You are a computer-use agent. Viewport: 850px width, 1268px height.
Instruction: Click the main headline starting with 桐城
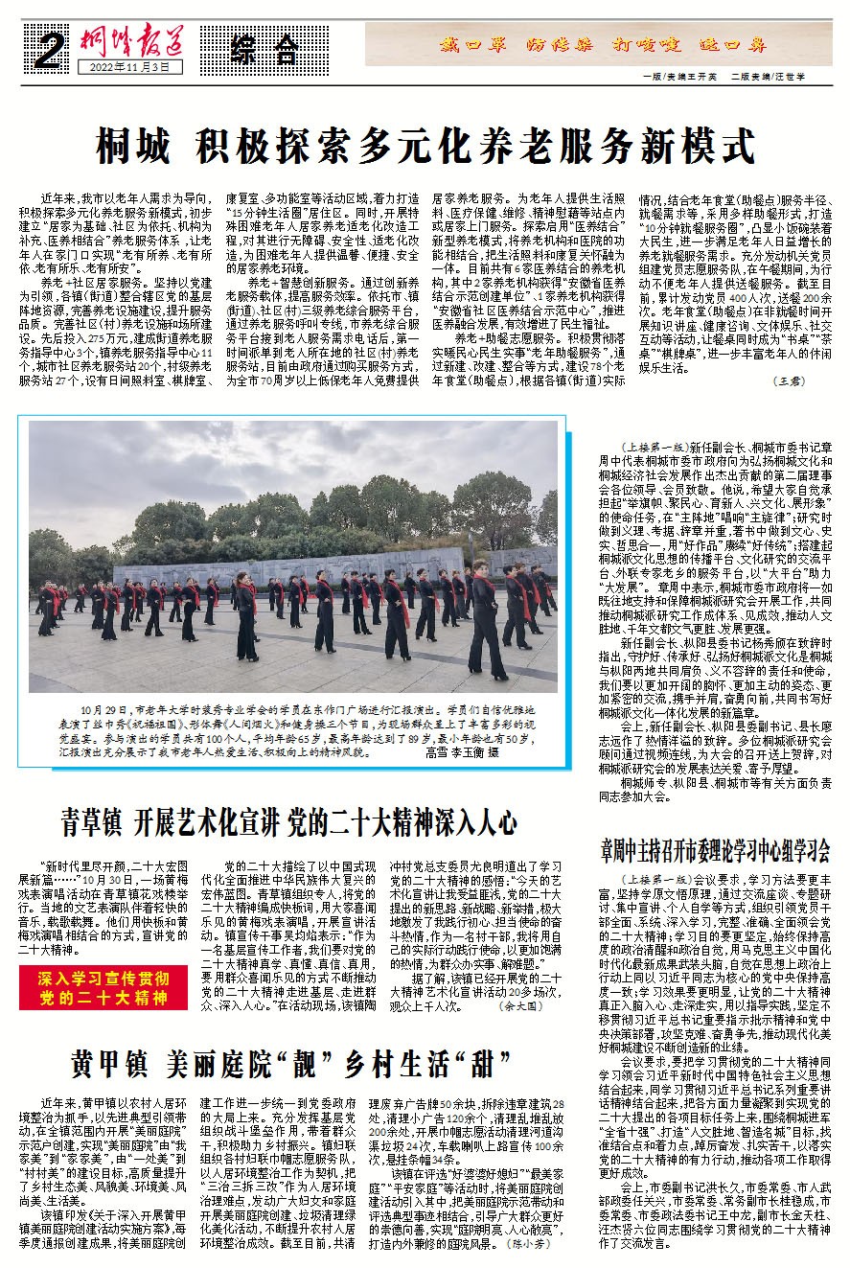(425, 147)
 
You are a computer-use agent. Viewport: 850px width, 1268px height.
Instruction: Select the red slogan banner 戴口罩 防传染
(603, 43)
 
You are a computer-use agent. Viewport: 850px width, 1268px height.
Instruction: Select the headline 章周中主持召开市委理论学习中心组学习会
(715, 848)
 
